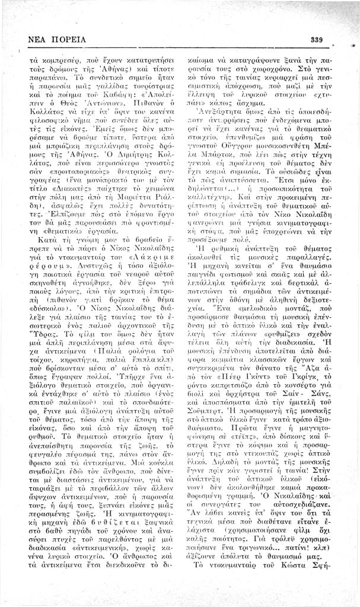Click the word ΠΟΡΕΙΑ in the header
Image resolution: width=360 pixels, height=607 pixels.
(68, 40)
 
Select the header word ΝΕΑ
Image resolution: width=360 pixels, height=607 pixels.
(38, 40)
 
